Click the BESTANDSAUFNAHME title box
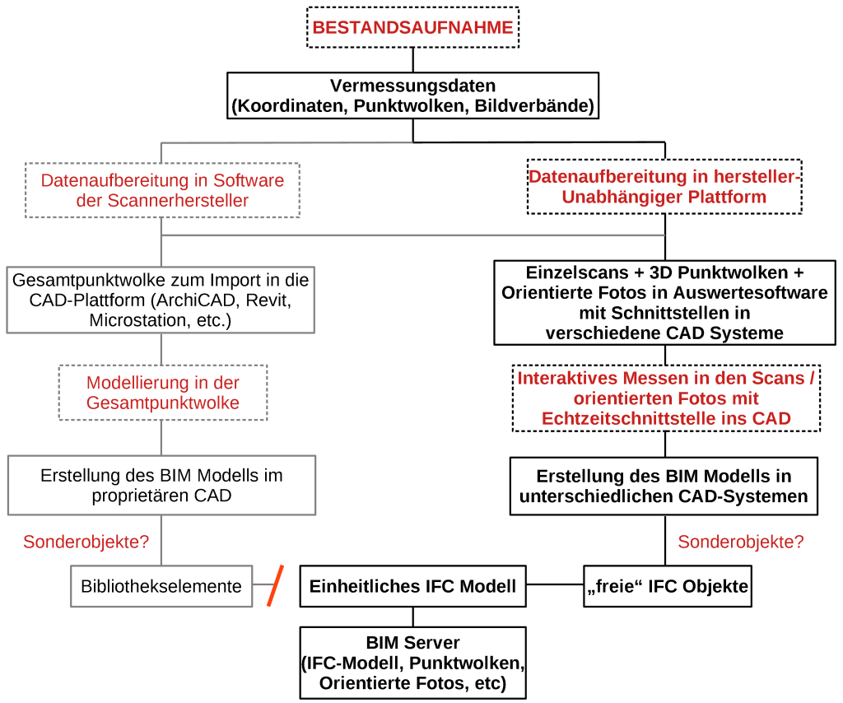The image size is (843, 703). click(412, 27)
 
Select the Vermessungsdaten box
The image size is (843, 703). click(412, 95)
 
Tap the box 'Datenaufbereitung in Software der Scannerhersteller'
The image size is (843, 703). click(162, 190)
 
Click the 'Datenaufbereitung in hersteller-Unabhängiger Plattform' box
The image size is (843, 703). click(664, 187)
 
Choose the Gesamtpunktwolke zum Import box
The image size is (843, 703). click(161, 300)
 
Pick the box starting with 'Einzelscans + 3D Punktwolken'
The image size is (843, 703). click(664, 302)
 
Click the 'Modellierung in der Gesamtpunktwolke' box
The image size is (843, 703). click(163, 393)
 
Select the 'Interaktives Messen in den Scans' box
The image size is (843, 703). click(666, 398)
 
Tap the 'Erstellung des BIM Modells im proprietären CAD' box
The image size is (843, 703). click(161, 486)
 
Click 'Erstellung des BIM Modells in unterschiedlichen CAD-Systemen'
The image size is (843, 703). click(664, 487)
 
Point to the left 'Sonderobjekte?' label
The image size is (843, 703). click(86, 542)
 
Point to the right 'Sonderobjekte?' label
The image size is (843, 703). click(740, 542)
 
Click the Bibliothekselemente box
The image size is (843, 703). click(161, 586)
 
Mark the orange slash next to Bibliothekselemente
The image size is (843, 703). click(275, 585)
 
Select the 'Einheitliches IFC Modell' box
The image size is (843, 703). click(412, 586)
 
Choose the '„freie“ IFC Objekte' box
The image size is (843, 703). click(667, 586)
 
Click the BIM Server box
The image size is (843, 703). click(412, 663)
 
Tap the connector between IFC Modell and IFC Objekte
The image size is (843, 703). click(555, 585)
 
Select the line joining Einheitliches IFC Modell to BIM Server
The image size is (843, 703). click(412, 617)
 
